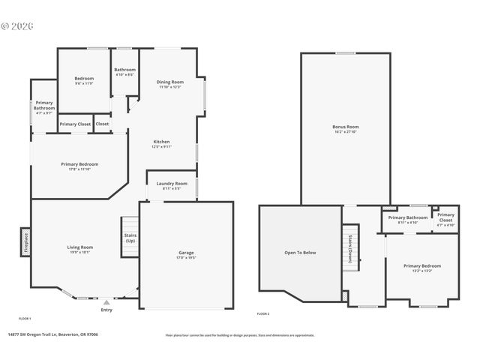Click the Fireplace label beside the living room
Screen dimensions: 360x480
tap(25, 241)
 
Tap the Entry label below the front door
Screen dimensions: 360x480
tap(106, 309)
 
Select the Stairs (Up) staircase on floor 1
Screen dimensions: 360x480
tap(130, 238)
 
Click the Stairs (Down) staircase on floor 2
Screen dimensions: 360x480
tap(350, 247)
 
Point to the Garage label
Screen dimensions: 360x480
tap(186, 254)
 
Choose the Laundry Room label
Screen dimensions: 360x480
tap(172, 185)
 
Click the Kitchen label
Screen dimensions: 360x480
tap(162, 144)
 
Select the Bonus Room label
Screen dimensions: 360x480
tap(346, 129)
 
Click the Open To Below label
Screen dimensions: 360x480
tap(299, 253)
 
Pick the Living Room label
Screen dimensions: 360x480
tap(79, 249)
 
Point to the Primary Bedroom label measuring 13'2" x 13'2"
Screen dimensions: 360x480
tap(421, 268)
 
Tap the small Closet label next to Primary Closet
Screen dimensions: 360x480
tap(102, 124)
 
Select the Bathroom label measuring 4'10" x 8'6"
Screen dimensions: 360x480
tap(124, 72)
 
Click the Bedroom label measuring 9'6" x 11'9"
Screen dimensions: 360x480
tap(84, 80)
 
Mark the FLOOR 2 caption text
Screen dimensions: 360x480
tap(263, 313)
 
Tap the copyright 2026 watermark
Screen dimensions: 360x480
tap(17, 25)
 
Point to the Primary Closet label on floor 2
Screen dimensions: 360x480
tap(445, 219)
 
